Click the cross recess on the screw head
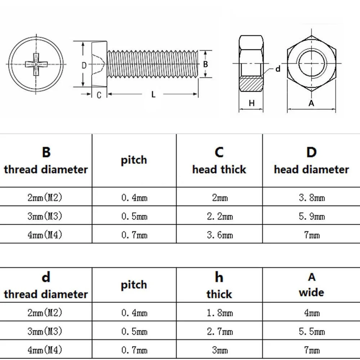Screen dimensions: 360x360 click(x=36, y=64)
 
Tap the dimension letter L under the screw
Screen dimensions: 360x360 click(x=153, y=95)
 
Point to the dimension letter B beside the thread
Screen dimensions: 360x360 click(x=206, y=64)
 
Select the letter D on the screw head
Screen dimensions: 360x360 click(x=84, y=65)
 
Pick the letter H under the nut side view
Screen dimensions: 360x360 click(x=252, y=103)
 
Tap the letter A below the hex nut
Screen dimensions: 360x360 click(x=312, y=103)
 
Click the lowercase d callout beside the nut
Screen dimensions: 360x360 click(x=278, y=69)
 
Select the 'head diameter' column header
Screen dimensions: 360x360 click(x=311, y=161)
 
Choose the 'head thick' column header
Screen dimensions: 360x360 click(x=219, y=161)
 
